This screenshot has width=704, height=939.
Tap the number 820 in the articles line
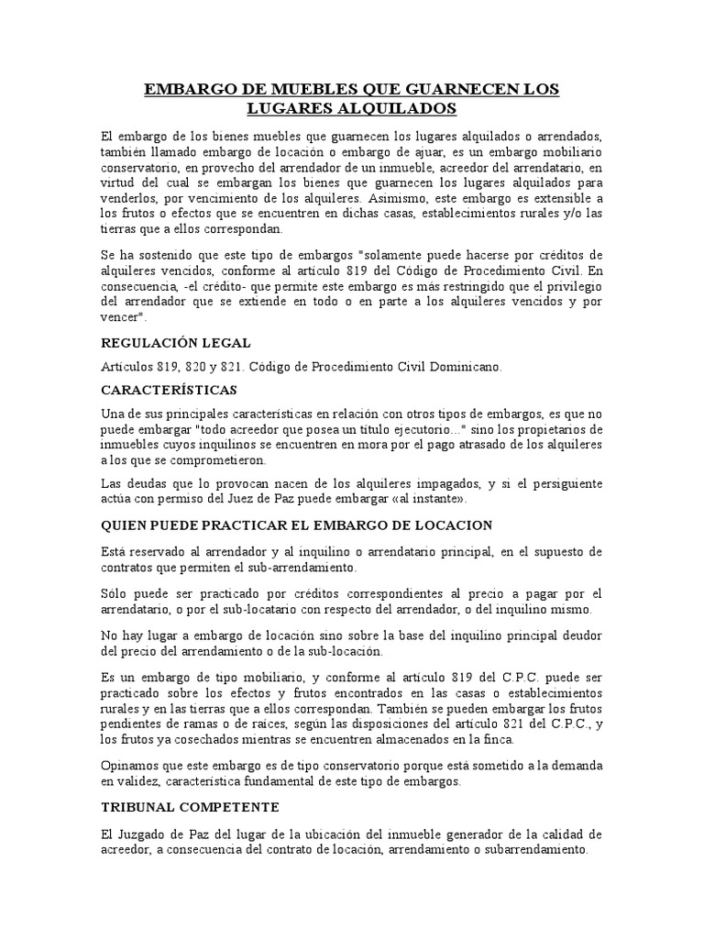tap(193, 366)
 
